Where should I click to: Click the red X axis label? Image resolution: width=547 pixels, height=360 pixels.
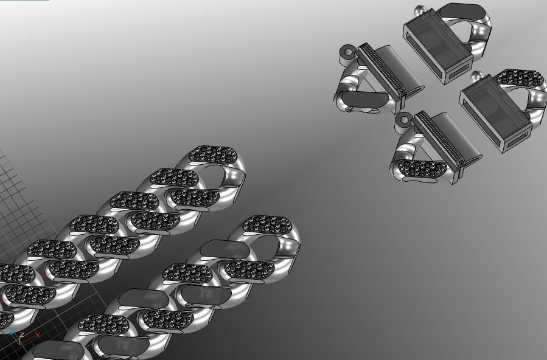(38, 334)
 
